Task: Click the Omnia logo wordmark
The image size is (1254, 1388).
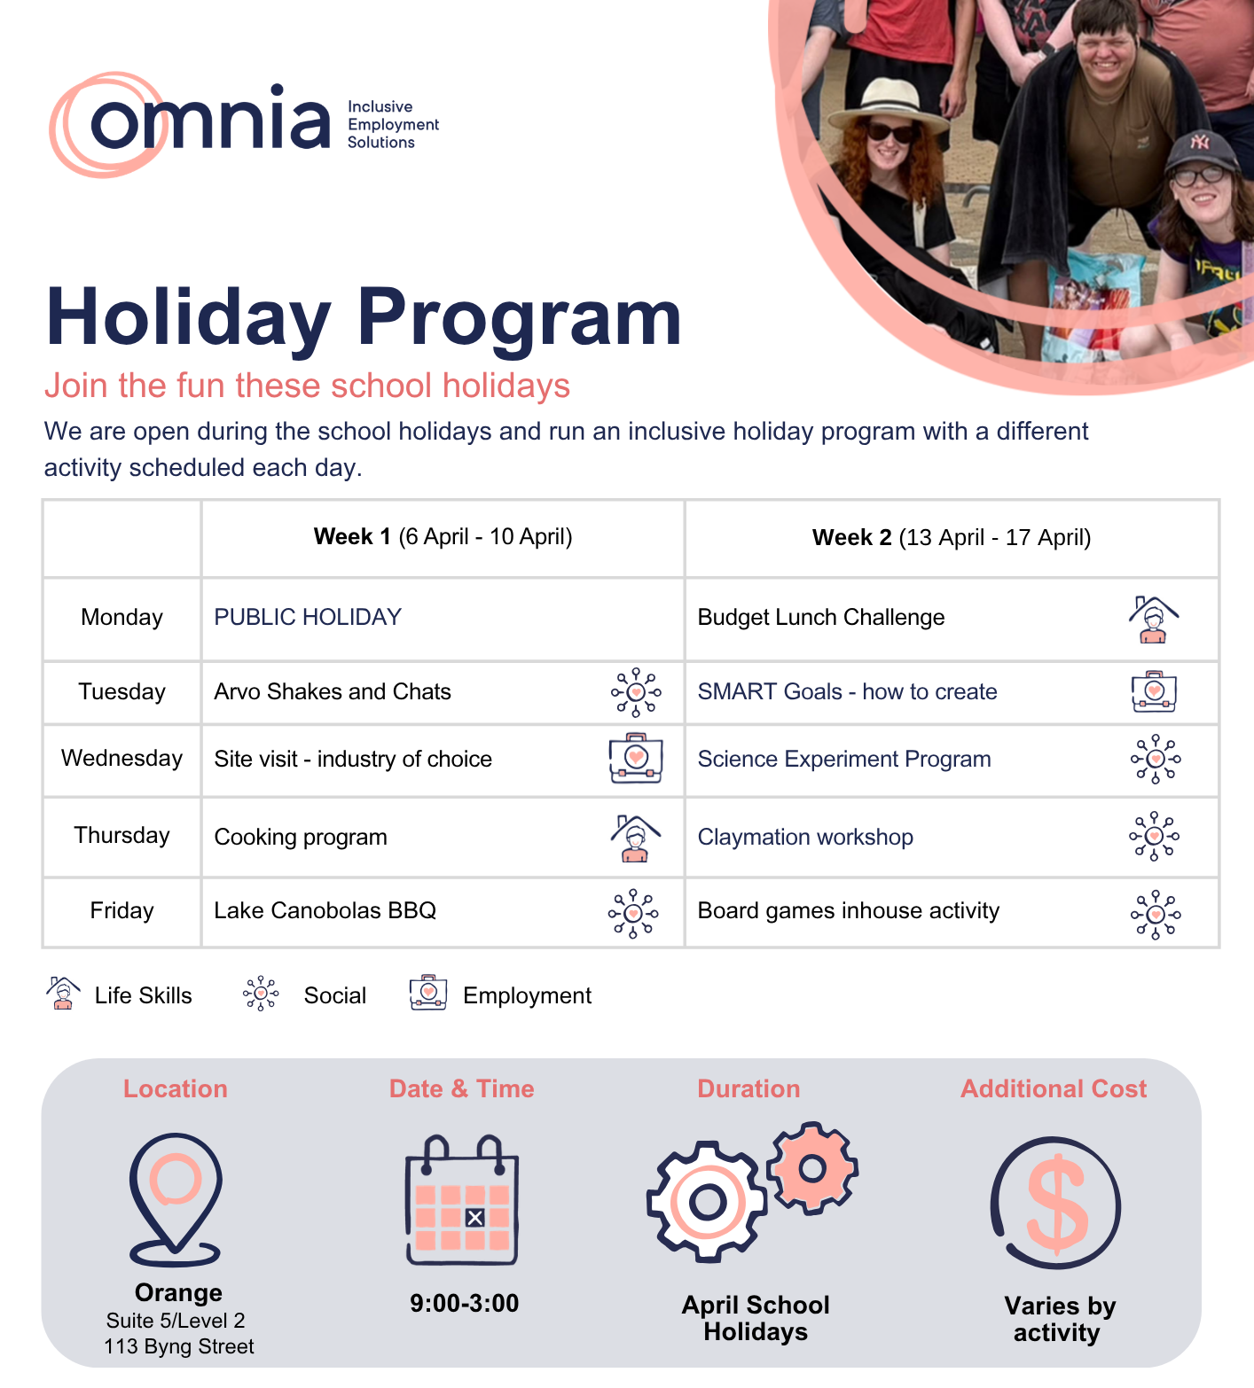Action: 209,122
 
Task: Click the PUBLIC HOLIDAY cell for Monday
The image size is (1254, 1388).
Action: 308,617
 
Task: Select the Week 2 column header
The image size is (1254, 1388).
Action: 951,537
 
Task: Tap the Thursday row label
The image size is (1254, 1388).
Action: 121,836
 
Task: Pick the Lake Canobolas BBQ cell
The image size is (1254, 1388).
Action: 325,911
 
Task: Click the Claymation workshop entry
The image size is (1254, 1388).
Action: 805,838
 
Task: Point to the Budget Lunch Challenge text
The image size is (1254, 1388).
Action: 820,617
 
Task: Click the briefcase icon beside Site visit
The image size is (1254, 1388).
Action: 635,758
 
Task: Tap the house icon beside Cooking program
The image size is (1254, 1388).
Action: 635,838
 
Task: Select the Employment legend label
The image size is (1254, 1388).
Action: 527,996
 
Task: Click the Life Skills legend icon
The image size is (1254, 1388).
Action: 63,994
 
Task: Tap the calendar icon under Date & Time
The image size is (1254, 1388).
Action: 462,1200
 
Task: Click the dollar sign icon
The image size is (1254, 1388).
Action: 1055,1204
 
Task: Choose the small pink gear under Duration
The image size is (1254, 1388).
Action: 812,1168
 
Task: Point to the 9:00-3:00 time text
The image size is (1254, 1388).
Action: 464,1304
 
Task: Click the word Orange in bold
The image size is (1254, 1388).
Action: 178,1293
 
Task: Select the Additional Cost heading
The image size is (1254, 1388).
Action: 1054,1089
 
